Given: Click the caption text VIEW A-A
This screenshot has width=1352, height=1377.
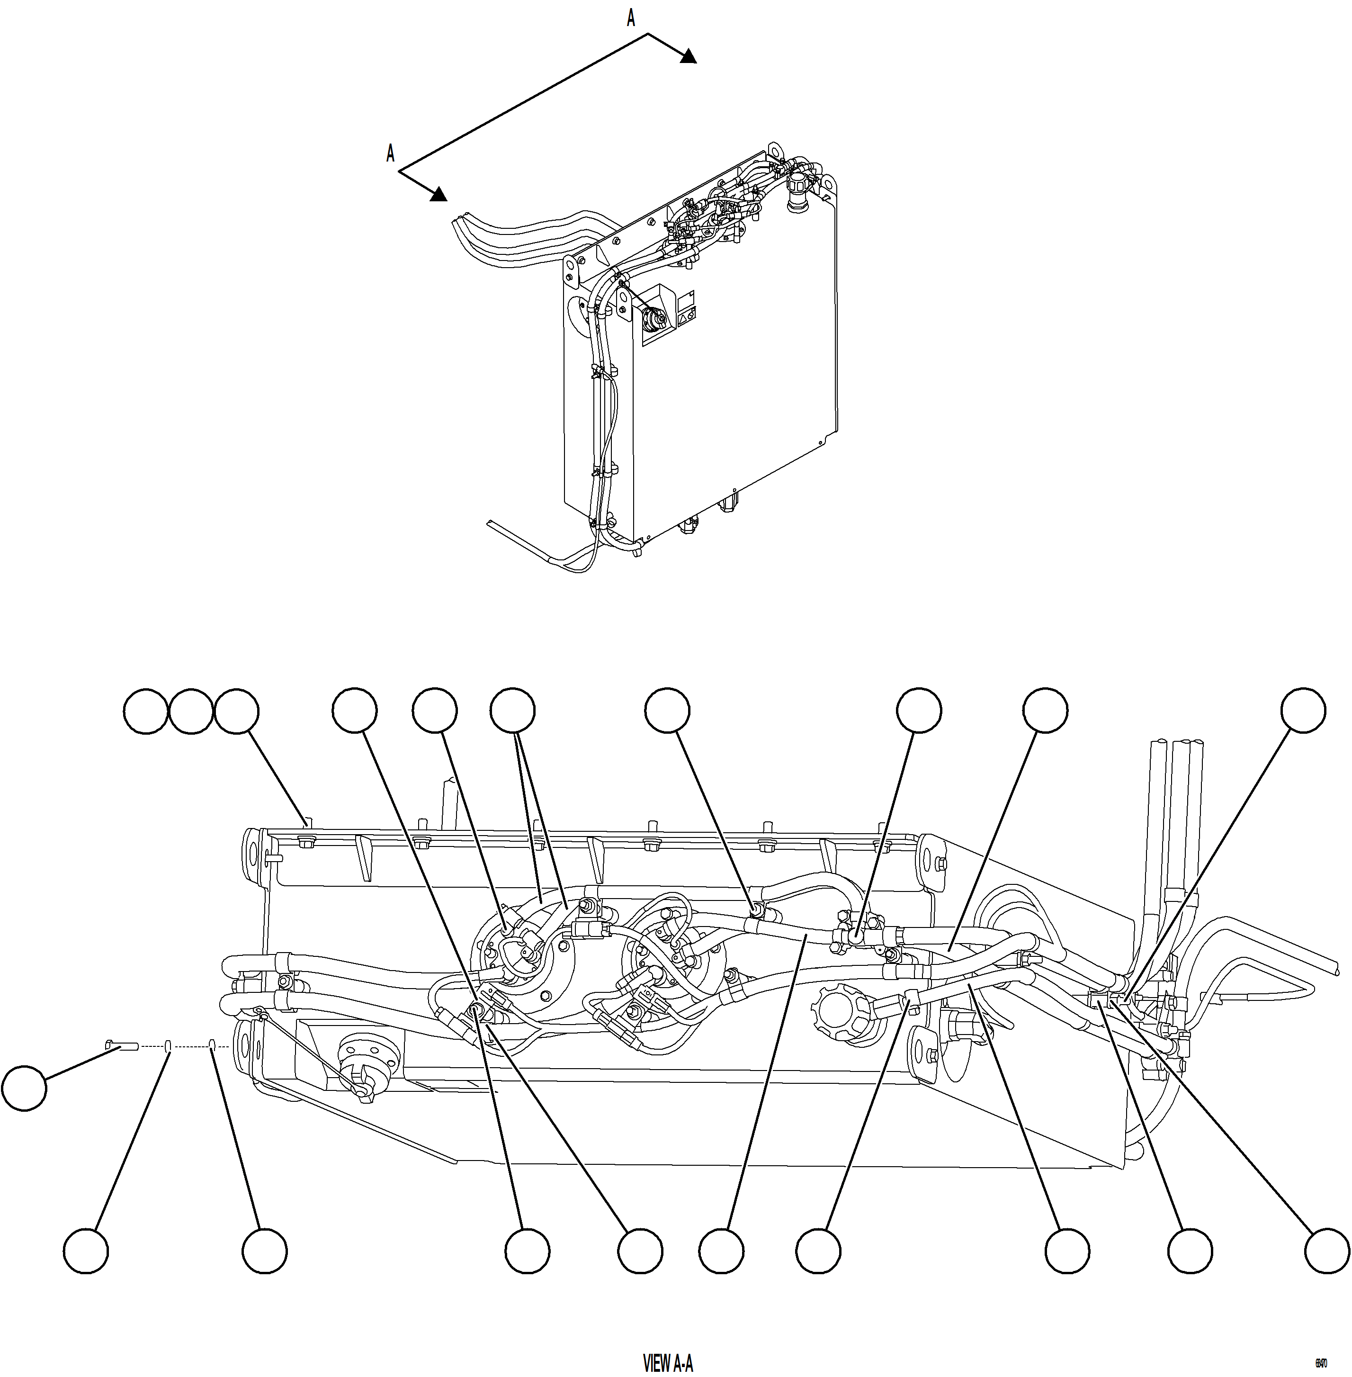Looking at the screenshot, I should [x=668, y=1363].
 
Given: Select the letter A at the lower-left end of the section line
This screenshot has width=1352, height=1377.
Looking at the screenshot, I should [x=390, y=153].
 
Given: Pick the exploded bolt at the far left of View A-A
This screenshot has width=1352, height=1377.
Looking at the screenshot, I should [x=121, y=1044].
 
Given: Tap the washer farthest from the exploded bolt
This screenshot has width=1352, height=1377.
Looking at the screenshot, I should [x=212, y=1044].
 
